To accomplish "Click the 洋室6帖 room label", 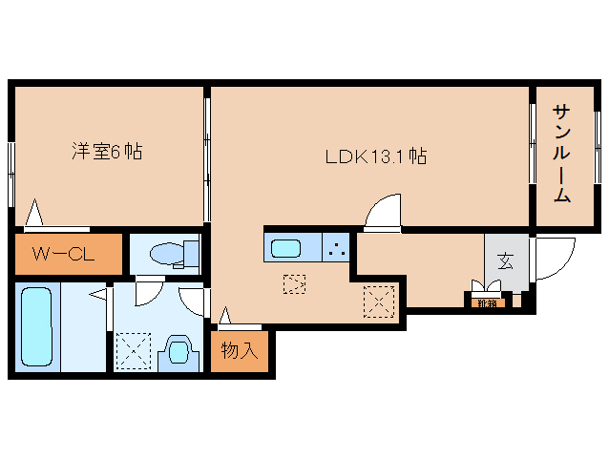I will [x=106, y=151].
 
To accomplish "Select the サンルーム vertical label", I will [x=561, y=154].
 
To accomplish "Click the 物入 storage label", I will [x=240, y=350].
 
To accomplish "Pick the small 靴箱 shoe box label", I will [x=488, y=303].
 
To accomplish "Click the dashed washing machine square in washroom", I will [x=131, y=348].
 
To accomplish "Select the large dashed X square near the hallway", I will [x=379, y=302].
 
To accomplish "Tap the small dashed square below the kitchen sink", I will [x=294, y=283].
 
